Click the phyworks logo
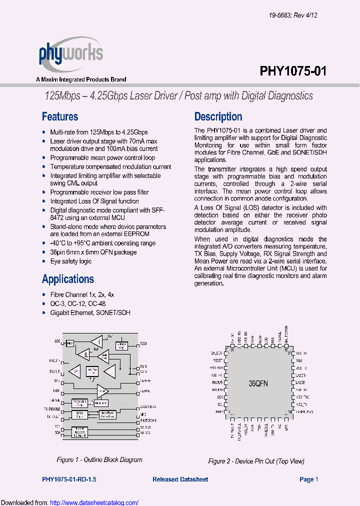70,54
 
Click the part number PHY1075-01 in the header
293,71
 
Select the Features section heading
60,117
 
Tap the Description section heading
218,117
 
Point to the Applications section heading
68,279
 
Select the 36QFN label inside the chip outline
259,384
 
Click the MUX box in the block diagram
70,343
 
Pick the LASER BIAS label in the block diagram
148,407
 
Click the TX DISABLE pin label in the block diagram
52,408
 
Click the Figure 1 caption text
99,459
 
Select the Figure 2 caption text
256,461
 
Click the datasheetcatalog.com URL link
94,502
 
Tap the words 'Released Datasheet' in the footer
180,479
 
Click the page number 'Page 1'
308,479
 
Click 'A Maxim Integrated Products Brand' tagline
81,79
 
